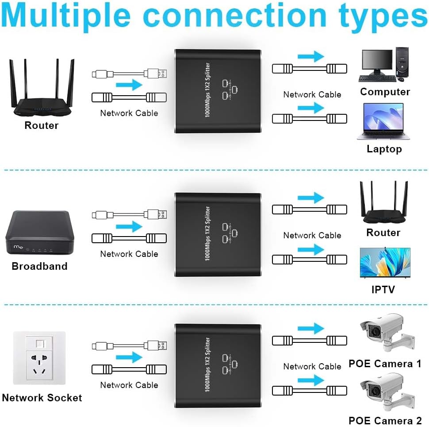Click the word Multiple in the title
[x=66, y=16]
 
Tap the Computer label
[x=385, y=92]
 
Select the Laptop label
[x=384, y=149]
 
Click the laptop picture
[x=383, y=121]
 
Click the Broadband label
[x=39, y=267]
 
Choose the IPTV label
[x=383, y=290]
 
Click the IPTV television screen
[x=384, y=263]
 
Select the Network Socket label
[x=42, y=398]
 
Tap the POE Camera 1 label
[x=385, y=364]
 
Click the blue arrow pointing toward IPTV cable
[x=311, y=250]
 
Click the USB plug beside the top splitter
[x=157, y=73]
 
